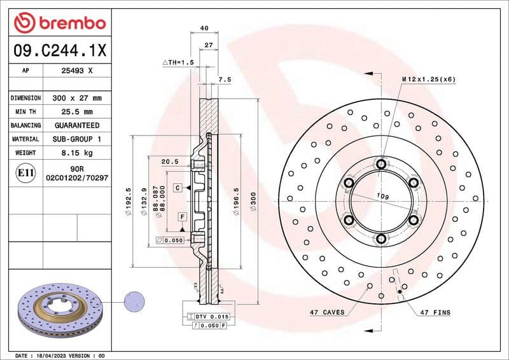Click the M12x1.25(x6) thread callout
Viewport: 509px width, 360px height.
[x=428, y=79]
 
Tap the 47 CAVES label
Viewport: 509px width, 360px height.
[x=327, y=312]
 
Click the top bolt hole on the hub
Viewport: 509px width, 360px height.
[x=381, y=165]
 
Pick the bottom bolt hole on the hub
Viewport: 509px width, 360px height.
[x=381, y=239]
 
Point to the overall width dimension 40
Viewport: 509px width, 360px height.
[x=204, y=28]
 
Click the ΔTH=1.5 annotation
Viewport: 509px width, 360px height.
[x=178, y=62]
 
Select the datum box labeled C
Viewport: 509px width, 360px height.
[x=179, y=188]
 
